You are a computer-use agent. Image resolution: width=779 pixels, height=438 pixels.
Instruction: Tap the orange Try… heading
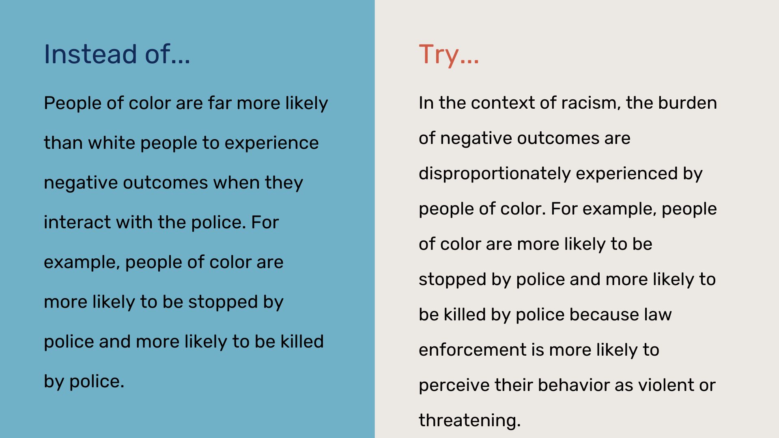(x=449, y=55)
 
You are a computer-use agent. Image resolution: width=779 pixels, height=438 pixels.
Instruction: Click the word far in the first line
(x=219, y=103)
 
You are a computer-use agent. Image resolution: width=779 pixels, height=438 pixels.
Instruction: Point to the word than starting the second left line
(x=63, y=143)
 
